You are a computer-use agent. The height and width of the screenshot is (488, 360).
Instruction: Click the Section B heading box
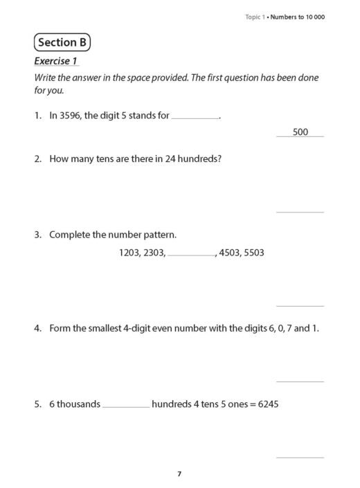tap(62, 43)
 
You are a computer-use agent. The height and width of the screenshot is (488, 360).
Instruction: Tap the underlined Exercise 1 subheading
tap(56, 61)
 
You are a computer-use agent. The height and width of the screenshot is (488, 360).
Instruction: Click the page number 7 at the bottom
tap(179, 473)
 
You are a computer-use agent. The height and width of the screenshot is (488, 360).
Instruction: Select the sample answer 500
tap(300, 132)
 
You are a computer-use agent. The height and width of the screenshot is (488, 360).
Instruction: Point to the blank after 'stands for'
tap(195, 117)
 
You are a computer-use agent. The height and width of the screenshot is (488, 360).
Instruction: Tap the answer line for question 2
tap(300, 211)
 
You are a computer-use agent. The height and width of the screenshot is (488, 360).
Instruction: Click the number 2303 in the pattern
tap(154, 253)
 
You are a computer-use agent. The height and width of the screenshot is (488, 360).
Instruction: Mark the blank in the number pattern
tap(191, 255)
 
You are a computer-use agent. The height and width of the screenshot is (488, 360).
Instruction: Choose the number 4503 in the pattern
tap(229, 253)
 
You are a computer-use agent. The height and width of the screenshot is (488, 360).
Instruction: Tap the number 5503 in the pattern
tap(254, 253)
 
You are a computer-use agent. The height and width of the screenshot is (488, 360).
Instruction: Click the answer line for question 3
tap(300, 305)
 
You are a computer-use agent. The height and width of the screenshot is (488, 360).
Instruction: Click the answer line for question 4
tap(300, 381)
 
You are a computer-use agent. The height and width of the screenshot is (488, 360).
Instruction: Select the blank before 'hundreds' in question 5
tap(126, 406)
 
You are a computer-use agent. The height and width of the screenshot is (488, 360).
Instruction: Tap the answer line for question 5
tap(300, 457)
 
